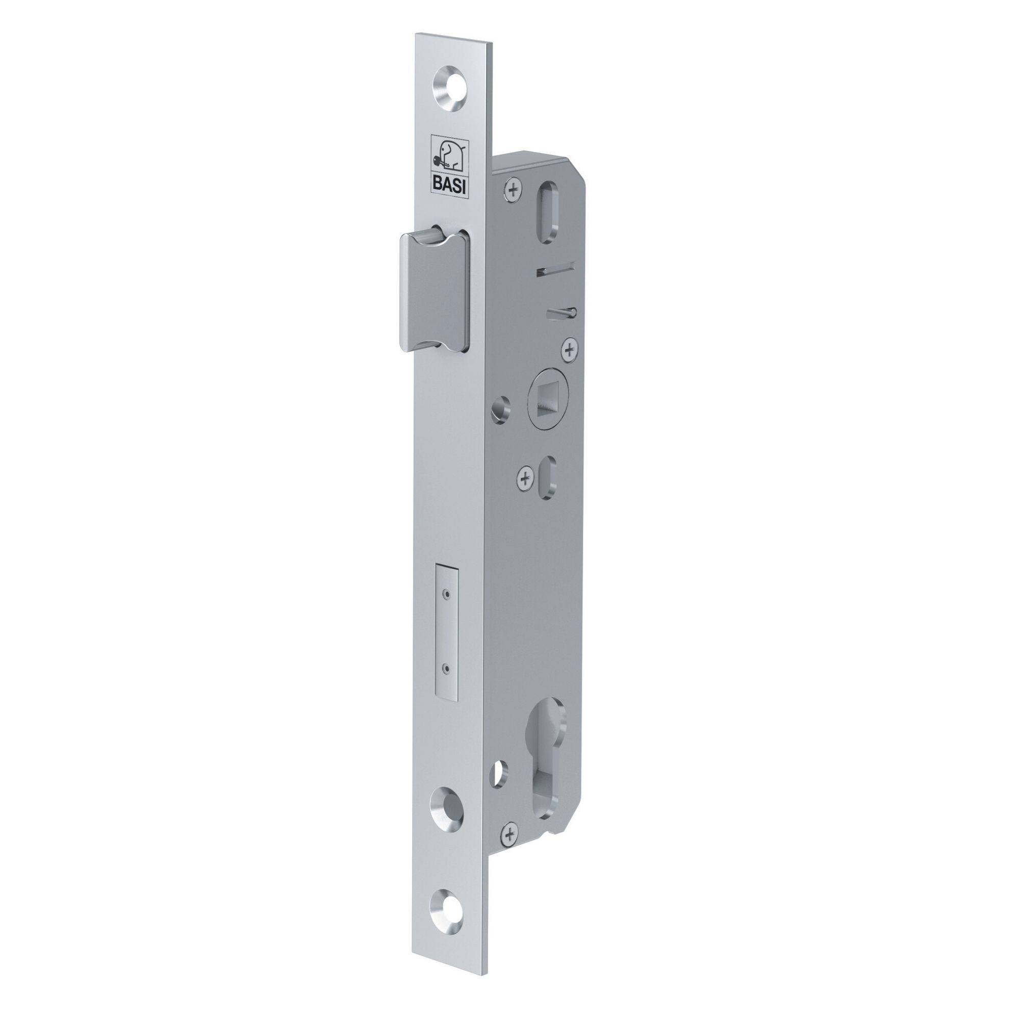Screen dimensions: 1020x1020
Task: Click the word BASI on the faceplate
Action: point(450,185)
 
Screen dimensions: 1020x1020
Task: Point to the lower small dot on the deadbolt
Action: point(448,671)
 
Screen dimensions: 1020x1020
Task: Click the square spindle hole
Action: point(547,398)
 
